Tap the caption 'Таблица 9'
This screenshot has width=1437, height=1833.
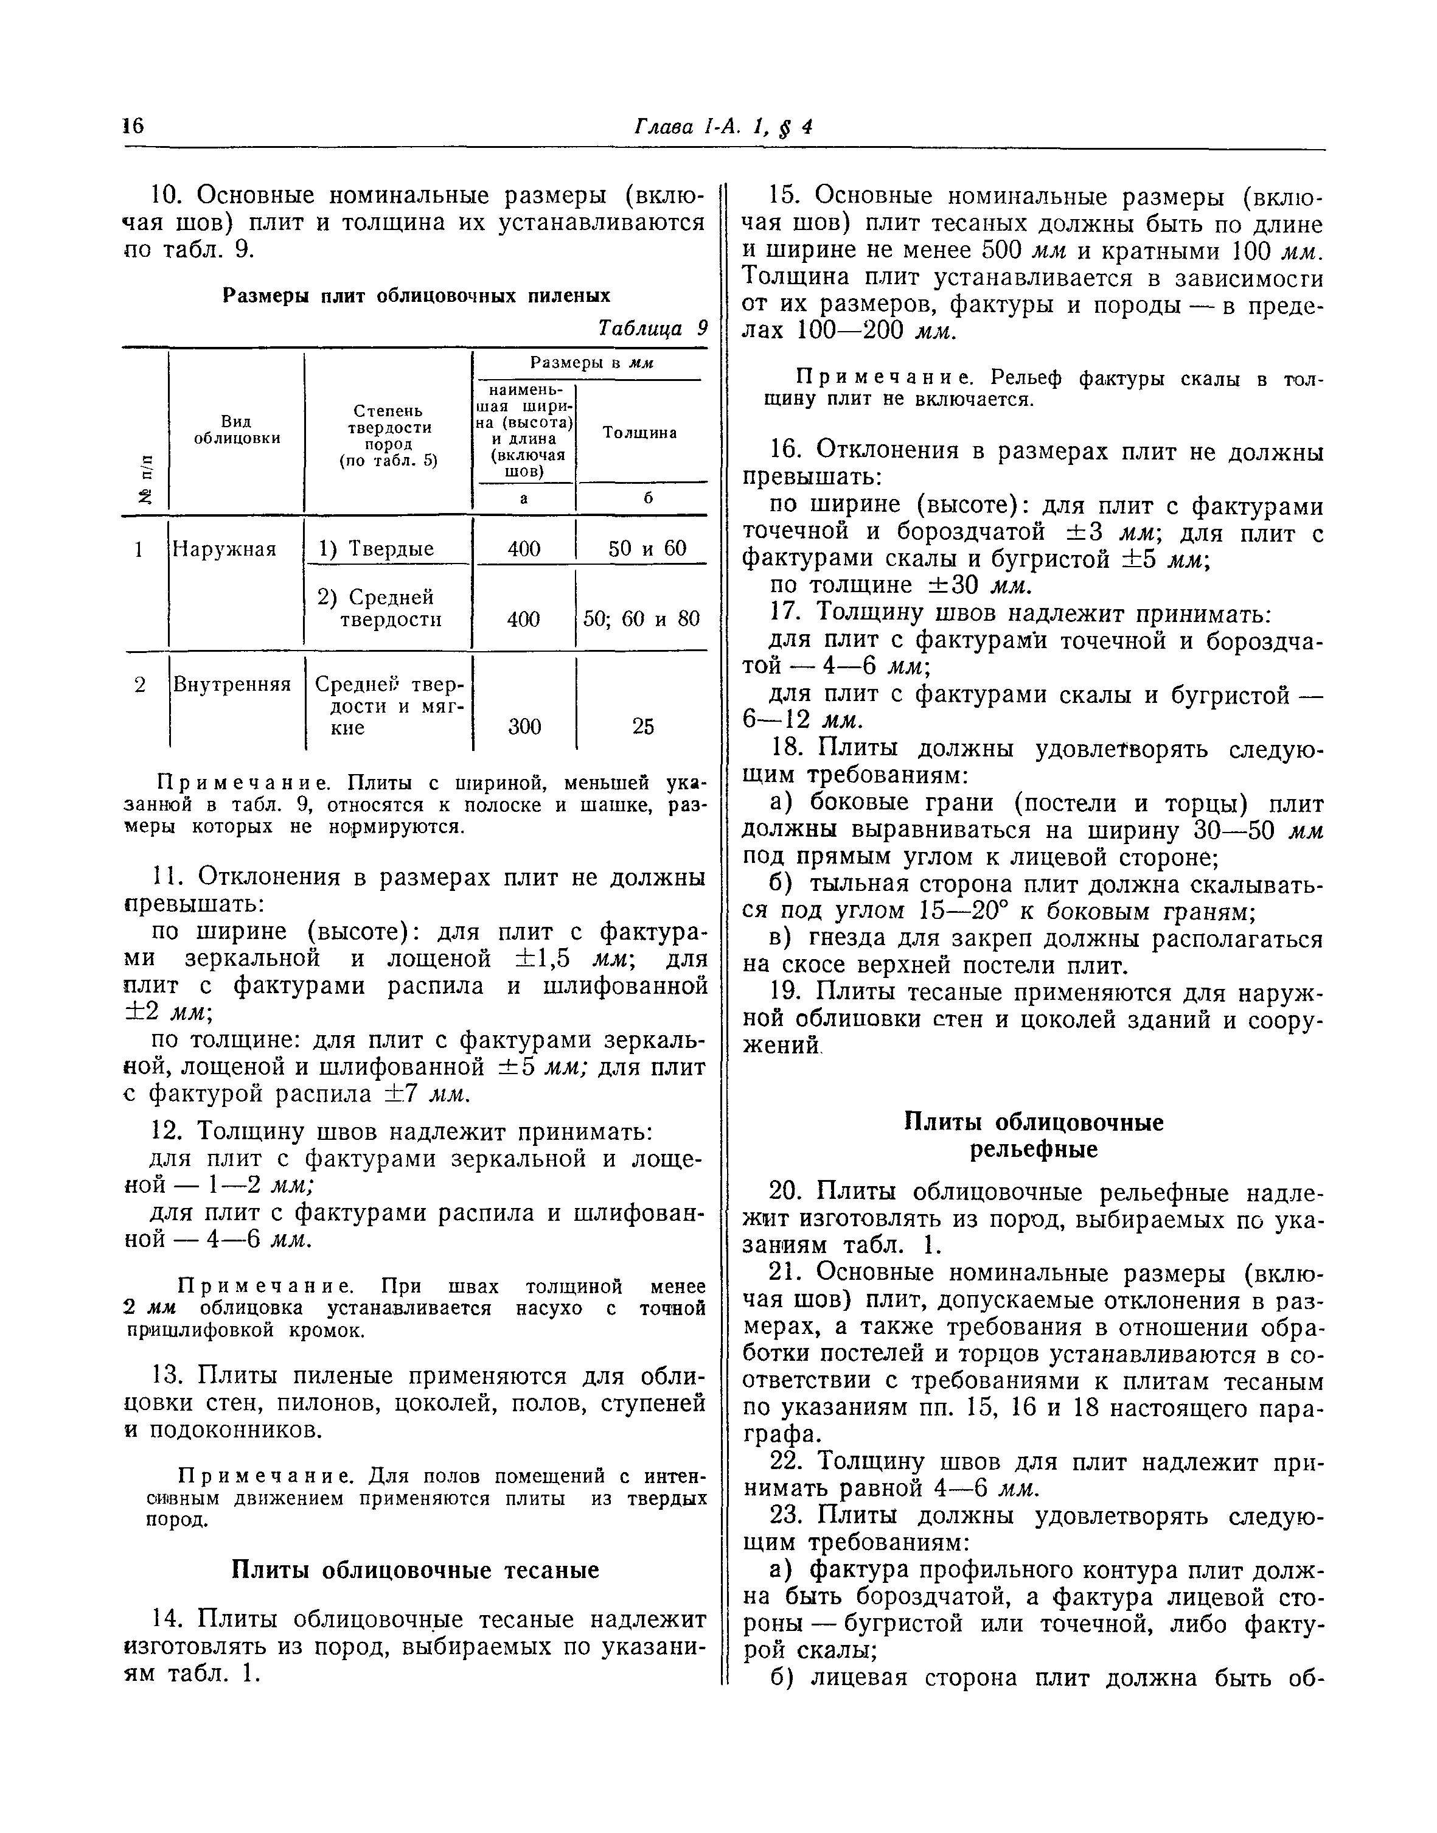coord(652,327)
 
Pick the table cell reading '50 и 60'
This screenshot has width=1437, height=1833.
coord(646,549)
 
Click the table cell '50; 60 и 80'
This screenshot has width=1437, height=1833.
coord(641,620)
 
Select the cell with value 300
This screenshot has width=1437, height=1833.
coord(524,726)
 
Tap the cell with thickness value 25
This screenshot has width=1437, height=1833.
coord(643,726)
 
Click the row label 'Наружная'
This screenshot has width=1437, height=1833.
coord(224,549)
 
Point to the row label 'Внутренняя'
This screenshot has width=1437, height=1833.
coord(231,684)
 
